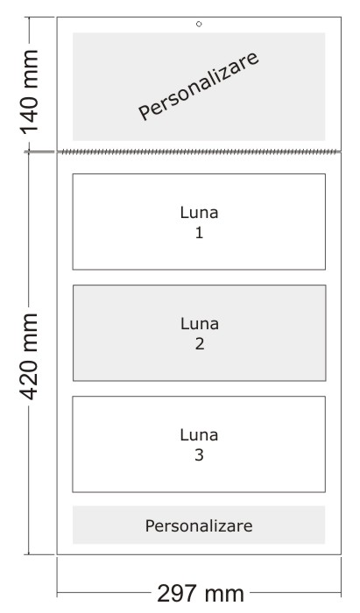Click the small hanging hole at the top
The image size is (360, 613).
[x=199, y=25]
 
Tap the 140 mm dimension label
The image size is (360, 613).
[x=30, y=92]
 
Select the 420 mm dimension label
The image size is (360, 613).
[x=30, y=356]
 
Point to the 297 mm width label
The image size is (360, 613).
[x=201, y=594]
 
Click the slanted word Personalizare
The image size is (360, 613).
[x=199, y=86]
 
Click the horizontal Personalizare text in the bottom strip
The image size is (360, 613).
[x=199, y=525]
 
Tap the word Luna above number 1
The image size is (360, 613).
[x=199, y=213]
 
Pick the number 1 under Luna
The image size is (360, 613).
[x=200, y=233]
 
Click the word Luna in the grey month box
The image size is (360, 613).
[x=200, y=324]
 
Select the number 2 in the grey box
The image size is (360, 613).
[x=200, y=344]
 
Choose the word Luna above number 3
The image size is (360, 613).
[x=199, y=435]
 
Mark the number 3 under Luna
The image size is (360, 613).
[x=199, y=455]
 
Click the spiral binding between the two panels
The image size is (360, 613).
[x=199, y=151]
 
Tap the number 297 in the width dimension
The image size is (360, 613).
[x=178, y=594]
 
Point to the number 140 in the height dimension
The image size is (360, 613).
[x=30, y=113]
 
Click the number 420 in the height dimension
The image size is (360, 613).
[x=30, y=379]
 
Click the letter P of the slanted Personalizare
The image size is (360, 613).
[x=144, y=113]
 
